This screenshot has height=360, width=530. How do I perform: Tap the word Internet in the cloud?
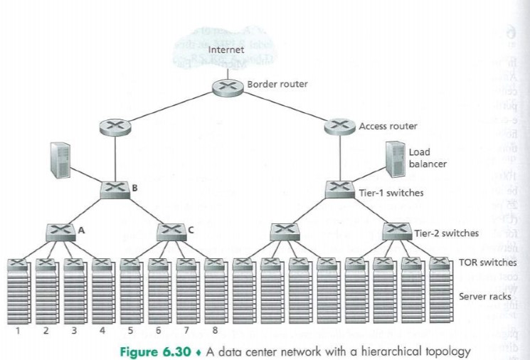pos(226,50)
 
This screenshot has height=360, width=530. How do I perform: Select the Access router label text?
pos(388,126)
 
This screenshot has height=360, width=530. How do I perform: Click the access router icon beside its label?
pos(340,127)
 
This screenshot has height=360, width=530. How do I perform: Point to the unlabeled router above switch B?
pos(115,127)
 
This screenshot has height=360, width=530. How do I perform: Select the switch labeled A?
pos(60,231)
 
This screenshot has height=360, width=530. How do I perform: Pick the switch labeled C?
pos(170,231)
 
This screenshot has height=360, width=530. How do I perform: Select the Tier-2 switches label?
pos(447,233)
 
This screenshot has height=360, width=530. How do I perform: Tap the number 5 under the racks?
pos(129,330)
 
